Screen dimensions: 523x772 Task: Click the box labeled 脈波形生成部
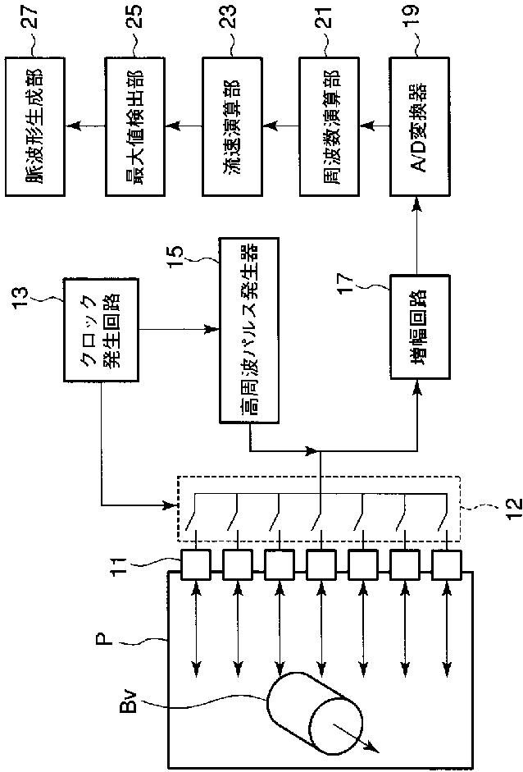(35, 127)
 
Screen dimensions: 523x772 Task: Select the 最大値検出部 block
(134, 127)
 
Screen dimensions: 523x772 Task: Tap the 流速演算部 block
(232, 127)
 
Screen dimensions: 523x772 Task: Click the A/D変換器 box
(419, 127)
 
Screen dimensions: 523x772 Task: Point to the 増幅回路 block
(420, 327)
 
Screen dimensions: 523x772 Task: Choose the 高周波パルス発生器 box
(248, 331)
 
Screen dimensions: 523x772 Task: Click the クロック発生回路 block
(101, 329)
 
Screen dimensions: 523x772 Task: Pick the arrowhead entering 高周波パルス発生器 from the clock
(211, 329)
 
